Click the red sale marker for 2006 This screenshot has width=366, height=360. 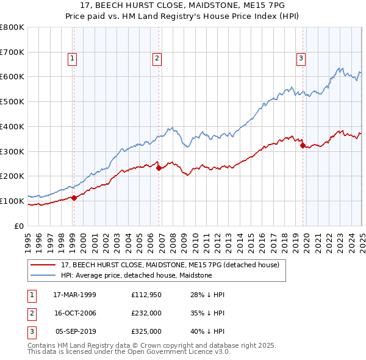[x=159, y=168]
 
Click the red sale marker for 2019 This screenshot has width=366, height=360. [x=303, y=145]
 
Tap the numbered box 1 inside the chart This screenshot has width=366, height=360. [x=72, y=59]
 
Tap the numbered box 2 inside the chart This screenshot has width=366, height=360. [x=157, y=59]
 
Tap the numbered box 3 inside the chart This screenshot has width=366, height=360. [x=301, y=59]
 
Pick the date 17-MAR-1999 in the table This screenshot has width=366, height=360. [x=74, y=295]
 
